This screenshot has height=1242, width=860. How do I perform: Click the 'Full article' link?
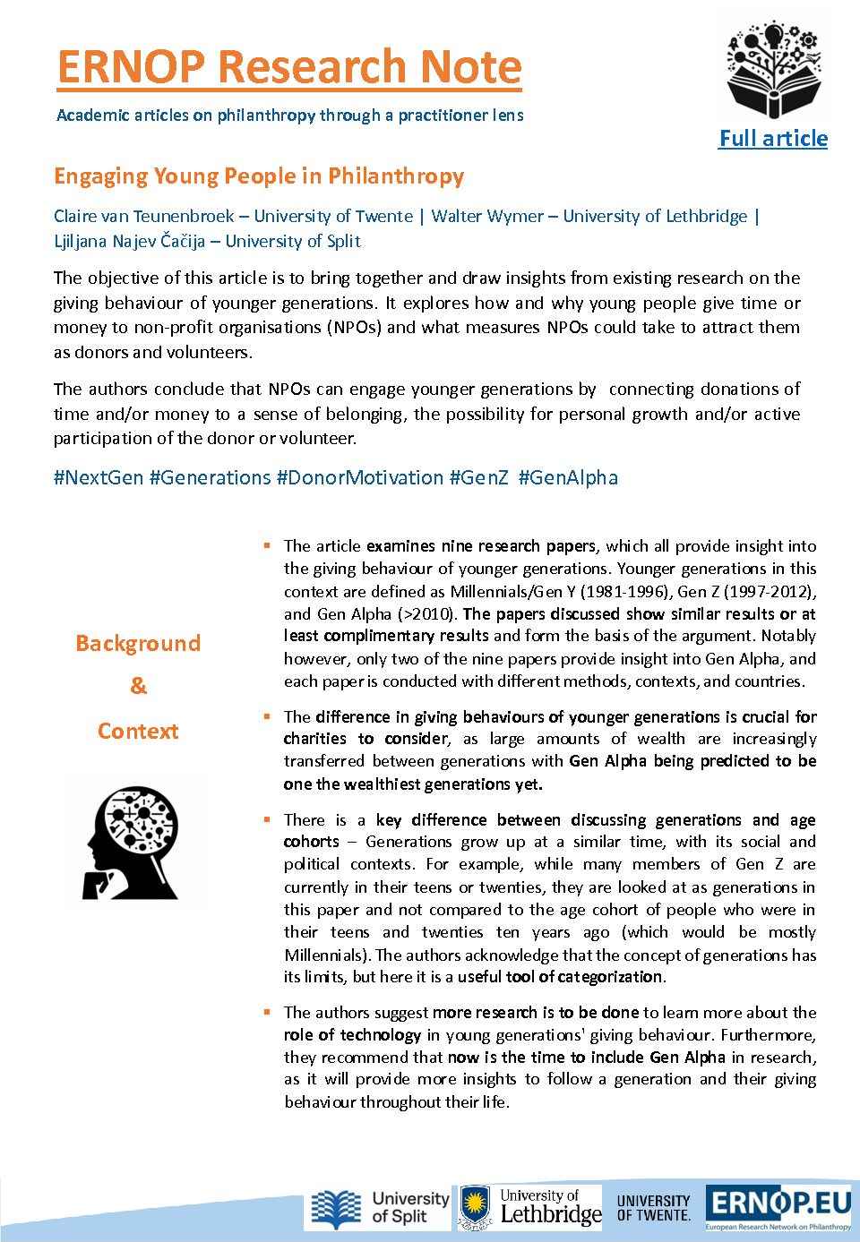[773, 139]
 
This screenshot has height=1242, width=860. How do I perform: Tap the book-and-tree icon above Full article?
[773, 71]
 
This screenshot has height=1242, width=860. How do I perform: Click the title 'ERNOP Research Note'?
[288, 67]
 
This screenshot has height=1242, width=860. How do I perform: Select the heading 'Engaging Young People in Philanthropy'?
[259, 176]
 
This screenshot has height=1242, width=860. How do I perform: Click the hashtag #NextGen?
[99, 477]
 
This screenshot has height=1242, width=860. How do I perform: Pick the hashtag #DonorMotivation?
[360, 477]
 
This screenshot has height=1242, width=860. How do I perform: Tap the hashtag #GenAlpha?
[568, 477]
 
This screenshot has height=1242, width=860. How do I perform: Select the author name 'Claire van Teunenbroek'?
[144, 216]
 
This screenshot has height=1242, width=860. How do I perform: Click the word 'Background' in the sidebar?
[138, 643]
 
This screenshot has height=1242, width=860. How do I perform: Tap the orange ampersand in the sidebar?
[138, 686]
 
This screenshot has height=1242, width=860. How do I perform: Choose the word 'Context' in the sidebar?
[138, 731]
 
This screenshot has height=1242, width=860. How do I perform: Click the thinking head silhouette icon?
[134, 843]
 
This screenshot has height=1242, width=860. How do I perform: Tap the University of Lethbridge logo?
[530, 1207]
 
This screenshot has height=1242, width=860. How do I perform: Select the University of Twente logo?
[653, 1207]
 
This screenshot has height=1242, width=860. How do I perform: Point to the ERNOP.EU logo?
[778, 1207]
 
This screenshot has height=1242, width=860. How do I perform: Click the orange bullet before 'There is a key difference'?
[267, 818]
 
